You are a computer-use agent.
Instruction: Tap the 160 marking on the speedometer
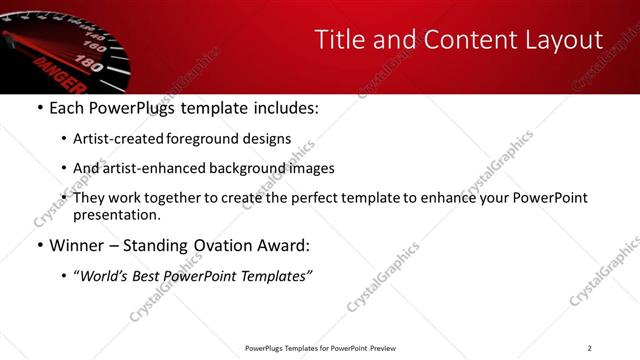click(x=96, y=46)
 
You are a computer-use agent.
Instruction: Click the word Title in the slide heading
click(x=341, y=40)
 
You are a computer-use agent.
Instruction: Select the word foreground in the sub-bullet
click(x=207, y=139)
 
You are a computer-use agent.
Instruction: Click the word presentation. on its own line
click(x=116, y=214)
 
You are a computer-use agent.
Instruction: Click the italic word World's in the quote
click(x=106, y=276)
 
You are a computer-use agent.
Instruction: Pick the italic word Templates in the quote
click(x=275, y=276)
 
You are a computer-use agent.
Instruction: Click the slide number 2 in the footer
click(x=589, y=348)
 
